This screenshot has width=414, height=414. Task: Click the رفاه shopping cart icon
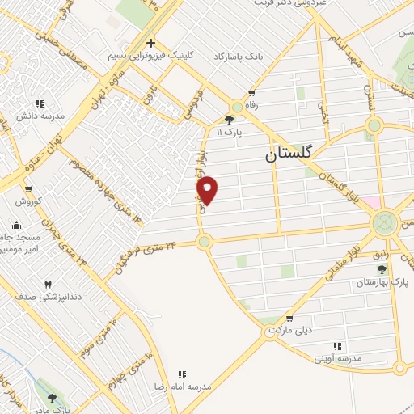[x=252, y=92]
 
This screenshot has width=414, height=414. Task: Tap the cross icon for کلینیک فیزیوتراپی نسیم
[x=150, y=42]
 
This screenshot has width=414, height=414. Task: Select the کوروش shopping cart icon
[x=27, y=188]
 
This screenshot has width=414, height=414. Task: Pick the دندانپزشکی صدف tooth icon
[x=47, y=284]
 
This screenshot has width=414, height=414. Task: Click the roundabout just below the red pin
[x=204, y=241]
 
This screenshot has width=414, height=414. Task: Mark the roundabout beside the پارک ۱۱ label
[x=237, y=107]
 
